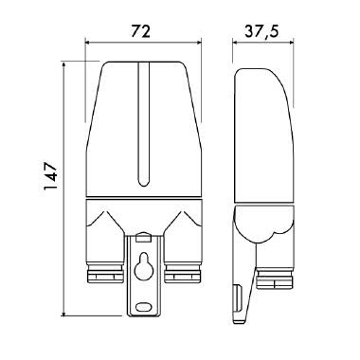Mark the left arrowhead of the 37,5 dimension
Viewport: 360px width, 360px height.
pos(236,42)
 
